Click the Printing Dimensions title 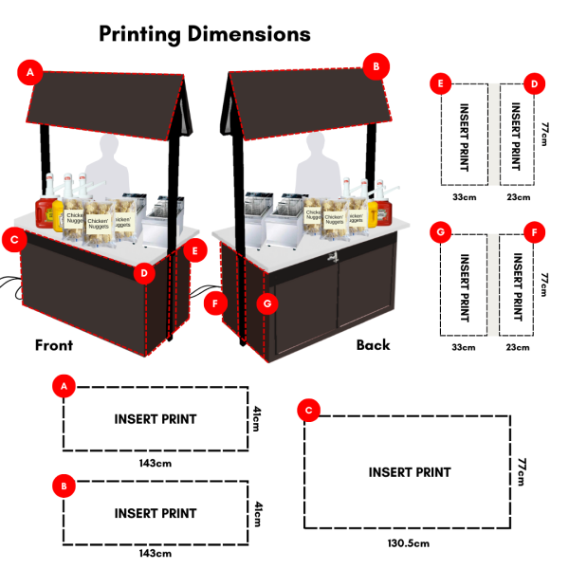click(x=205, y=34)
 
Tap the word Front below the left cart click(x=54, y=345)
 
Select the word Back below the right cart click(x=373, y=345)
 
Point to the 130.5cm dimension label click(x=409, y=543)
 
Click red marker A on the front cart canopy click(x=31, y=72)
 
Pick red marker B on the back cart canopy click(x=376, y=66)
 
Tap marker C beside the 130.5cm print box click(x=307, y=410)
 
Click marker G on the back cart click(x=268, y=304)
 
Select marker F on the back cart click(x=217, y=304)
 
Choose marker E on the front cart click(x=194, y=251)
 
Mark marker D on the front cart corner click(x=144, y=273)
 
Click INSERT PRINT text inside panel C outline click(x=410, y=472)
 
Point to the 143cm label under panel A click(x=156, y=464)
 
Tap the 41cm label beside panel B click(x=256, y=513)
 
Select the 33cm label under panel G click(x=462, y=348)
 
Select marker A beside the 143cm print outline click(x=64, y=387)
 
